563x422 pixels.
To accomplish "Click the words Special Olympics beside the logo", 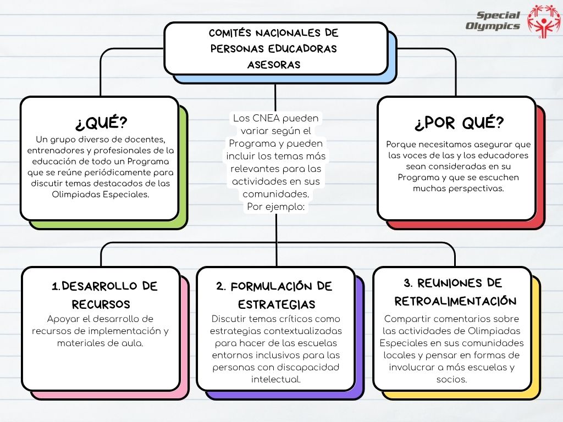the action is pos(493,20).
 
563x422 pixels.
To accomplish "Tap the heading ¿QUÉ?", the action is pos(101,123).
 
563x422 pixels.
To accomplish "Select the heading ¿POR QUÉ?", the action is pos(459,123).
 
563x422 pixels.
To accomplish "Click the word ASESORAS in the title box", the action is pos(274,65).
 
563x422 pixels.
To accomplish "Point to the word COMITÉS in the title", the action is pos(230,33).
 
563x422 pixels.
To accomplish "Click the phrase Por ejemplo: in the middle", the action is pos(276,207).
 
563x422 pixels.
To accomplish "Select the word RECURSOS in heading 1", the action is pos(101,304).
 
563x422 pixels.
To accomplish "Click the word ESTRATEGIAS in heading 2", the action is pos(277,304).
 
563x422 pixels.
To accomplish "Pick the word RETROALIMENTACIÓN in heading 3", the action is pos(455,301).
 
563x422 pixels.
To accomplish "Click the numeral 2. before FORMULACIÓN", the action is pos(221,286).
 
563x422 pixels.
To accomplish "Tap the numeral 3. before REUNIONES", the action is pos(408,283).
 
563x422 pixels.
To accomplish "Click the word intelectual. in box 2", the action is pos(276,379).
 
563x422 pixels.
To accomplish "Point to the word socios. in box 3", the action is pos(452,379).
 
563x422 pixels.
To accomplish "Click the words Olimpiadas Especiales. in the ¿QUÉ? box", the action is pos(101,195).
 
